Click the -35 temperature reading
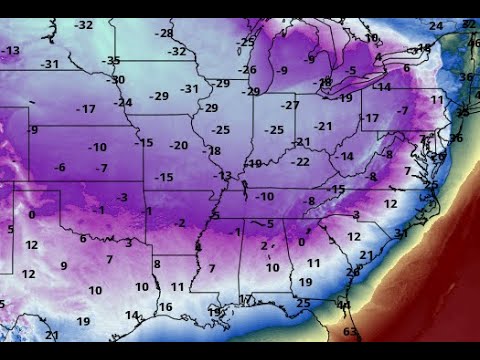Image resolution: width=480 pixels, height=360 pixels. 111,61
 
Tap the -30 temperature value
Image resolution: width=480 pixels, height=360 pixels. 117,79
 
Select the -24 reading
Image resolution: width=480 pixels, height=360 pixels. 123,102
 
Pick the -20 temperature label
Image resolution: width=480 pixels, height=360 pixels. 178,145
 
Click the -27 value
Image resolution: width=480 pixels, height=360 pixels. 290,105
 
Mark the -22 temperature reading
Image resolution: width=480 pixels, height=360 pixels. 300,161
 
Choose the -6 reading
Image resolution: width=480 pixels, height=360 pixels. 60,167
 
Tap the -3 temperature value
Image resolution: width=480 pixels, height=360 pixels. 121,197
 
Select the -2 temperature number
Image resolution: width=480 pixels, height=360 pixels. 179,222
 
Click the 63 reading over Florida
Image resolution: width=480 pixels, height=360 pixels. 350,331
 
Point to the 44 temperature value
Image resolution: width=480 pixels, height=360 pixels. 343,304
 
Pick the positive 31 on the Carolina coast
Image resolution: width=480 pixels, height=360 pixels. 399,233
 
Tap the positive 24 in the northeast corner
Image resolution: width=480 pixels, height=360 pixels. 435,26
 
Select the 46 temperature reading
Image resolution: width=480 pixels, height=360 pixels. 472,44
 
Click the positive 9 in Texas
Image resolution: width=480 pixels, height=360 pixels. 63,265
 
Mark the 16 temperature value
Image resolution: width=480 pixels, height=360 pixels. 165,307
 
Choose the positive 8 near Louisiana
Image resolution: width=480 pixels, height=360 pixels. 157,263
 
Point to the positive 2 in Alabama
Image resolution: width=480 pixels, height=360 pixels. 263,245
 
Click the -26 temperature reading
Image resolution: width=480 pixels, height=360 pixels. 247,69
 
